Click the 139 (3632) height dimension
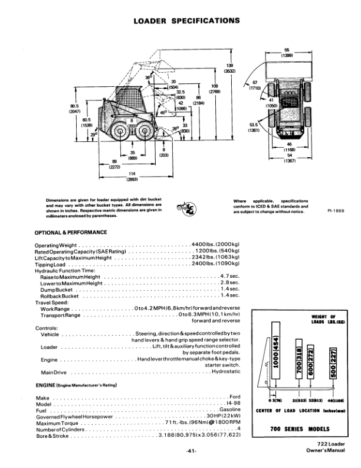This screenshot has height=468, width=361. (x=230, y=68)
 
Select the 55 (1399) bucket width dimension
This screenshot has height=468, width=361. (x=287, y=53)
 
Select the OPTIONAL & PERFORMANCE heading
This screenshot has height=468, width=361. (x=71, y=232)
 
